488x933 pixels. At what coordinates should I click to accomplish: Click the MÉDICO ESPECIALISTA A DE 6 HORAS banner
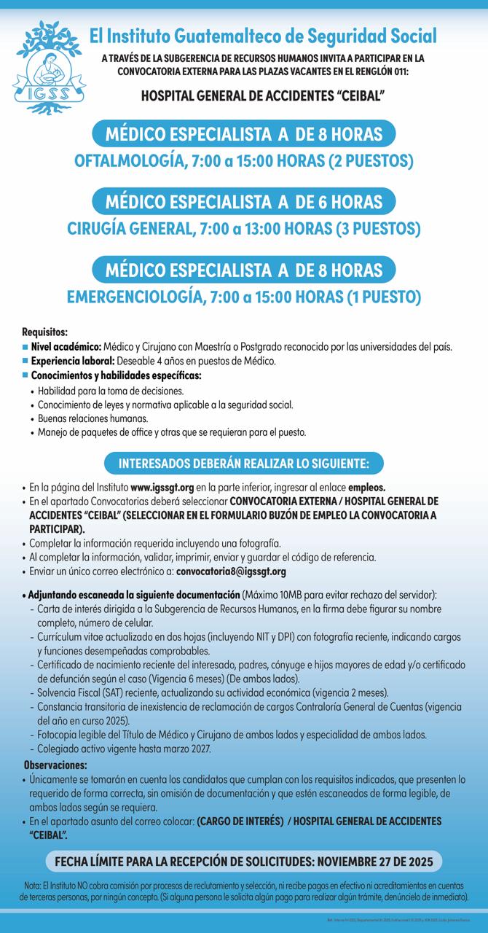[244, 200]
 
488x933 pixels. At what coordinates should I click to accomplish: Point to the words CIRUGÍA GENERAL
[130, 228]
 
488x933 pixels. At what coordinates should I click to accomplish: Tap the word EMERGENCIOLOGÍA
[134, 297]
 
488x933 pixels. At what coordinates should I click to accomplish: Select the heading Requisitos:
[45, 332]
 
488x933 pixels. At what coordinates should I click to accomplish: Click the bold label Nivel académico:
[66, 346]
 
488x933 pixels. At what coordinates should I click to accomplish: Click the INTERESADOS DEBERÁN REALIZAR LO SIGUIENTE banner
[244, 463]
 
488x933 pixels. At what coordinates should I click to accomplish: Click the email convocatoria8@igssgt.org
[231, 571]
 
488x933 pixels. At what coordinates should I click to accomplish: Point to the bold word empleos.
[366, 487]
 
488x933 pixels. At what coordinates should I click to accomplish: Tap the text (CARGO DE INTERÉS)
[240, 821]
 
